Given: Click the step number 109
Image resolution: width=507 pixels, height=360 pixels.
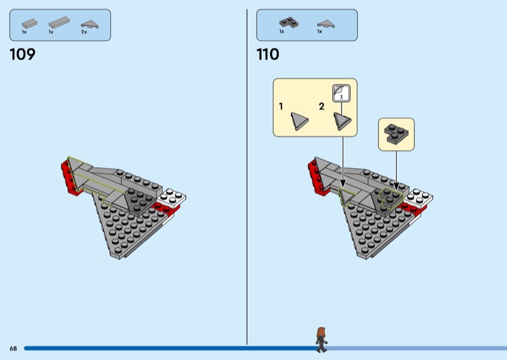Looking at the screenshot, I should pos(22,55).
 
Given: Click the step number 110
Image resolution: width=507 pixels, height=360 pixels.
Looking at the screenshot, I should pos(267,55).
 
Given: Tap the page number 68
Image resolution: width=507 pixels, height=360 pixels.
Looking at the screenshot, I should pos(13,349).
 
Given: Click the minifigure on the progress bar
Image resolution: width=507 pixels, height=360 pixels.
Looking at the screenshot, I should pos(322,339).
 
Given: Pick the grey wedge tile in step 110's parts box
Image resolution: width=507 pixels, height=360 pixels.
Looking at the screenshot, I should pos(324,23).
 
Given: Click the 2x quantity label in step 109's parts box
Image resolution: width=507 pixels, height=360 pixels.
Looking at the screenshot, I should pos(84,32).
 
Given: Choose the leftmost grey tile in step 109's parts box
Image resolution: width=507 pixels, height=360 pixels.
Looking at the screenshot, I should pos(29,23).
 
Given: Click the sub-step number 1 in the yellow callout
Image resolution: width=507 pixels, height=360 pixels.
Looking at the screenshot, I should pos(281,106).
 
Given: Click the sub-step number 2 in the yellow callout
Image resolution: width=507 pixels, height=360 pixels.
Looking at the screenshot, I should pos(321,106).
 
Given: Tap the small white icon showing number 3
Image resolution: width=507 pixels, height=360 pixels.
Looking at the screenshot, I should pos(340,93).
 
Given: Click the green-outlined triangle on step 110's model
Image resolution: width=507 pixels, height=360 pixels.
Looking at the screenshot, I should pos(347,196).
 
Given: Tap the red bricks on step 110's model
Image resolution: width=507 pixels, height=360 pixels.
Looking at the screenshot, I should pos(314,175).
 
